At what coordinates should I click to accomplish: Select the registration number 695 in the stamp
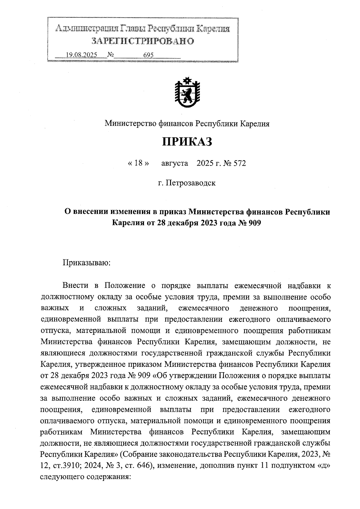(x=148, y=55)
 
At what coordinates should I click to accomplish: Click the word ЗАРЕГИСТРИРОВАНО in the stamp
(x=143, y=41)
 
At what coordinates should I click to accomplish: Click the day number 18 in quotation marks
(x=138, y=163)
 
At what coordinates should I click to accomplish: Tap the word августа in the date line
(x=175, y=163)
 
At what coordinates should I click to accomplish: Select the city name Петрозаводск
(x=191, y=183)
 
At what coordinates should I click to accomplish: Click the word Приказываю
(x=87, y=263)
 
